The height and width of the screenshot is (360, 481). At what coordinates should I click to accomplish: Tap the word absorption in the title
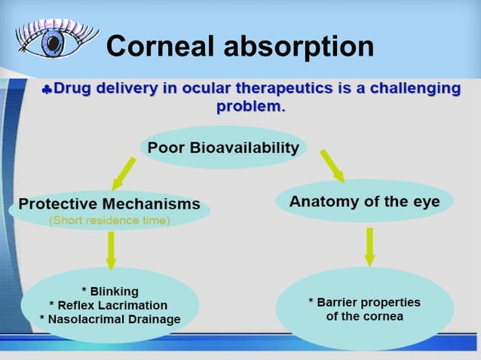pyautogui.click(x=300, y=46)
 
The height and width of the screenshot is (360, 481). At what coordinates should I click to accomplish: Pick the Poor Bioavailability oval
pyautogui.click(x=223, y=148)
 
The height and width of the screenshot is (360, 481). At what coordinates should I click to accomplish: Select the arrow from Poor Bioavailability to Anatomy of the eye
pyautogui.click(x=332, y=166)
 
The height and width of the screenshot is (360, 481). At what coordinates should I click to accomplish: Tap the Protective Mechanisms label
pyautogui.click(x=109, y=203)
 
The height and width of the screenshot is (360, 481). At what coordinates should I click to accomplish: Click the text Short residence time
pyautogui.click(x=109, y=221)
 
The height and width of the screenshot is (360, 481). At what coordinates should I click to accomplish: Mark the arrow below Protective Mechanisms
pyautogui.click(x=111, y=249)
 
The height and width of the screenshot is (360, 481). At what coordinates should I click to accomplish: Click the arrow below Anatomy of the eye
pyautogui.click(x=369, y=246)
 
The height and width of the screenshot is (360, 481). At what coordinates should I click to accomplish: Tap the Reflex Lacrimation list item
pyautogui.click(x=110, y=304)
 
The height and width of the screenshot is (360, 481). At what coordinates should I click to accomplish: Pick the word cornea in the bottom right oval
pyautogui.click(x=384, y=316)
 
